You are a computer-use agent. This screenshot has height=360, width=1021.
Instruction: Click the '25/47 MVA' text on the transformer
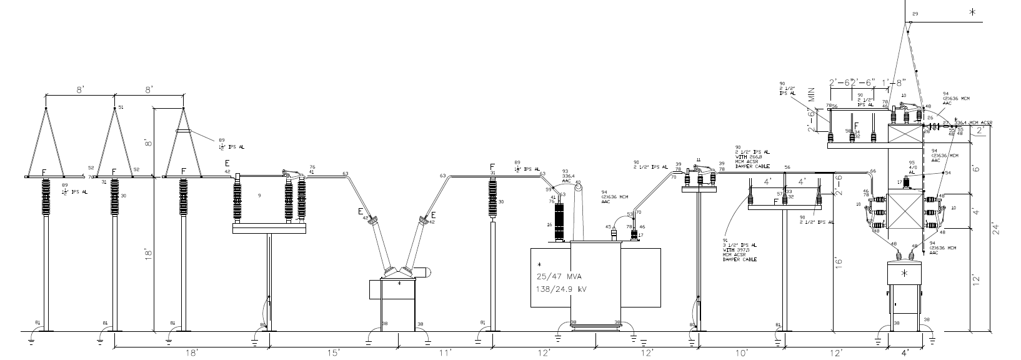pos(559,276)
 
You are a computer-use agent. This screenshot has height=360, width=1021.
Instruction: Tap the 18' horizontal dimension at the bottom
pos(191,354)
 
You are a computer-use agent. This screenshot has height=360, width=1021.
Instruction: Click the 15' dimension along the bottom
pos(333,354)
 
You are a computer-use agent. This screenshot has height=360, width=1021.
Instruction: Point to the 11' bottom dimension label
pos(444,354)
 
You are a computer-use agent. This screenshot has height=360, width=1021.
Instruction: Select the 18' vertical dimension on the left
pos(148,257)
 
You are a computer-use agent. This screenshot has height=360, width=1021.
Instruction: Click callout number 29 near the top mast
pos(916,14)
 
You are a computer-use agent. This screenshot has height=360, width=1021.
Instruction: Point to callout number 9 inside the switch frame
pos(258,196)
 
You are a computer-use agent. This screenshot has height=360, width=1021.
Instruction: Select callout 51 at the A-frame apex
pos(121,107)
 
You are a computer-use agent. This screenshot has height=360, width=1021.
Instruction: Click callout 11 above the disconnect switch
pos(699,160)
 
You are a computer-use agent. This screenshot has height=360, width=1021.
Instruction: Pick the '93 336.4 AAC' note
pos(566,176)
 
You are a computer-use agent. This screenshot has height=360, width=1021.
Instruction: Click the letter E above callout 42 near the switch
pos(227,164)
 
